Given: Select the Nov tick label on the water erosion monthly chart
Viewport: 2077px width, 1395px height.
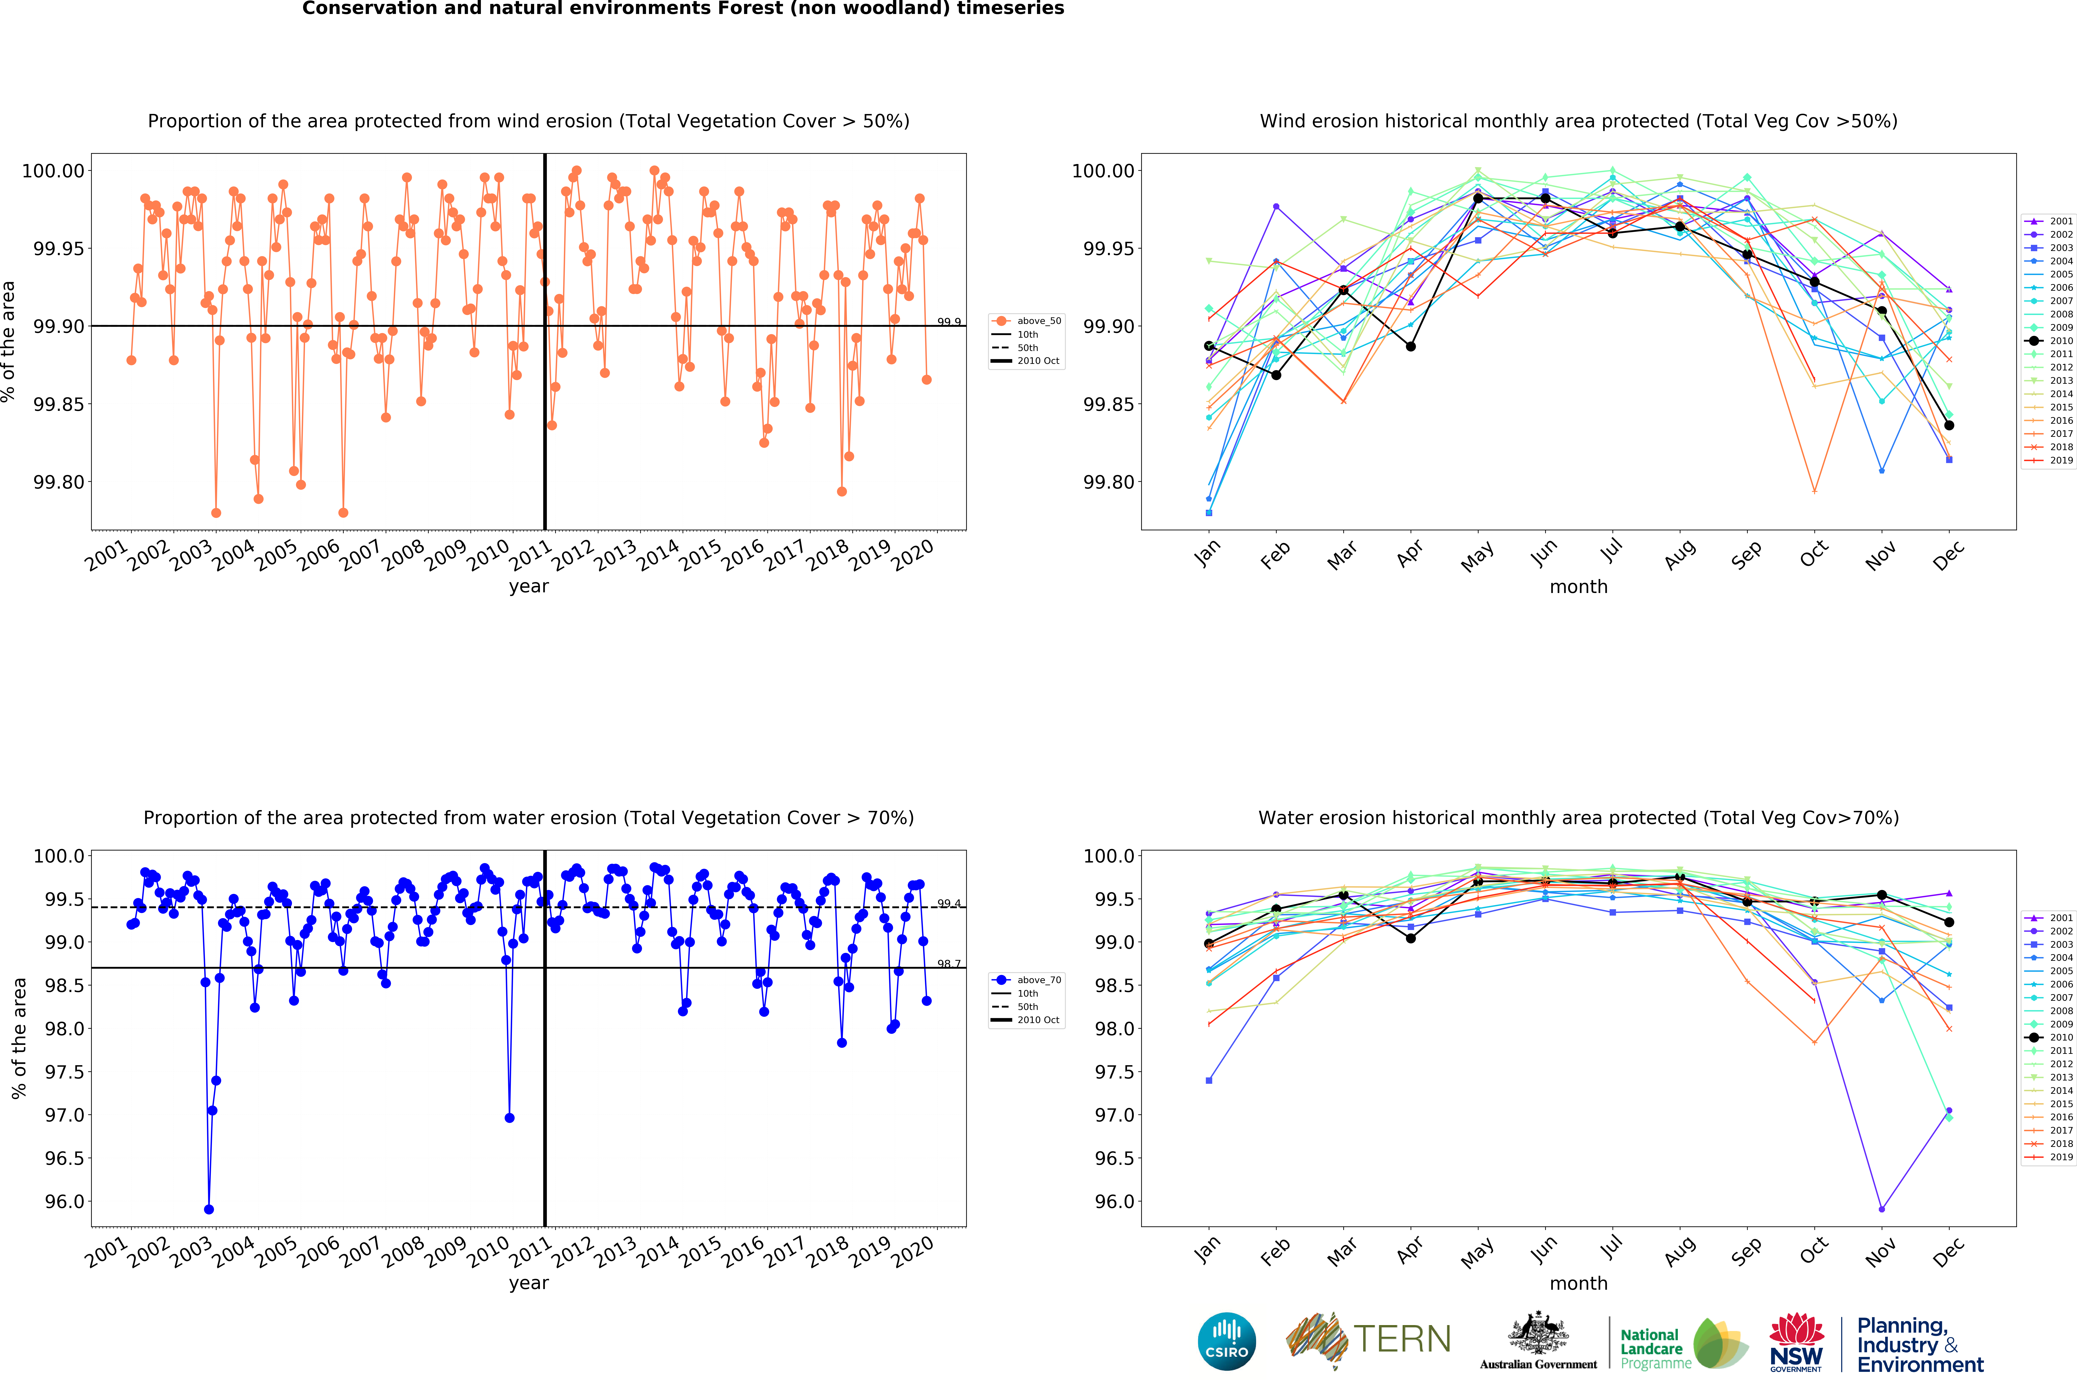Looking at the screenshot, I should click(1880, 1253).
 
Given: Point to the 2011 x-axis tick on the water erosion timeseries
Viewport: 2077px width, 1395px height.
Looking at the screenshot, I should click(531, 1253).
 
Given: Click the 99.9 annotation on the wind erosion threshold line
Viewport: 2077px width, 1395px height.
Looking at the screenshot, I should click(949, 322).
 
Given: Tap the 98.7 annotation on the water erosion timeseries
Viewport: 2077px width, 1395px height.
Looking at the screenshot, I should click(949, 963).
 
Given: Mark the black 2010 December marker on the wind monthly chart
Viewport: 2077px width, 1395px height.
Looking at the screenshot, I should click(1949, 425).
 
